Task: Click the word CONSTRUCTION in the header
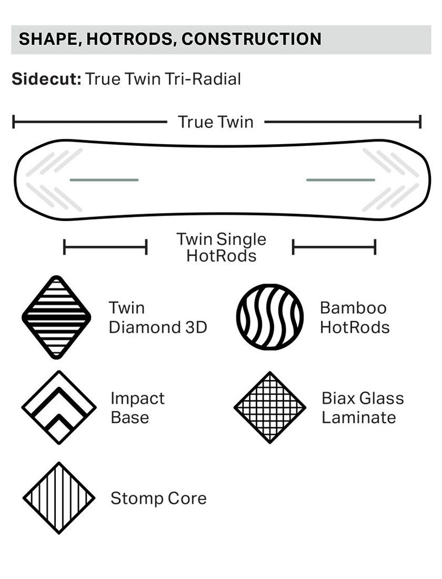pyautogui.click(x=251, y=39)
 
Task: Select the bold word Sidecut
pyautogui.click(x=46, y=78)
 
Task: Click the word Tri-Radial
pyautogui.click(x=203, y=78)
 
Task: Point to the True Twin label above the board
pyautogui.click(x=215, y=122)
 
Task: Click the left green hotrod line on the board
pyautogui.click(x=104, y=180)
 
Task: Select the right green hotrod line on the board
pyautogui.click(x=340, y=180)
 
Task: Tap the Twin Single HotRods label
pyautogui.click(x=221, y=247)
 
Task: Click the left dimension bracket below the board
pyautogui.click(x=105, y=247)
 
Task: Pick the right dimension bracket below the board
pyautogui.click(x=334, y=247)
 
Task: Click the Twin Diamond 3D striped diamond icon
pyautogui.click(x=56, y=317)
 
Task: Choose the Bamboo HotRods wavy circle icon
pyautogui.click(x=270, y=317)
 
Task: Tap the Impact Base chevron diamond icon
pyautogui.click(x=59, y=407)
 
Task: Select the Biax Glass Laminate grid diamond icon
pyautogui.click(x=270, y=407)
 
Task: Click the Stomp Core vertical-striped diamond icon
pyautogui.click(x=59, y=498)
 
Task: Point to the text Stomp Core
pyautogui.click(x=159, y=498)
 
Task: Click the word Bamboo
pyautogui.click(x=353, y=308)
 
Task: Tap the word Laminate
pyautogui.click(x=359, y=417)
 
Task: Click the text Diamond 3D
pyautogui.click(x=158, y=327)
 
